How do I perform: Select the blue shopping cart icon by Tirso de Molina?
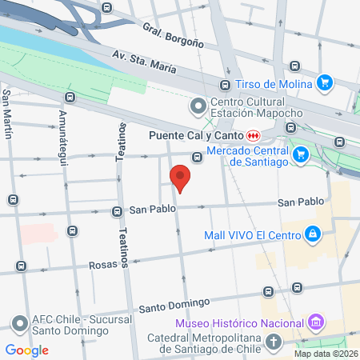[x=324, y=82]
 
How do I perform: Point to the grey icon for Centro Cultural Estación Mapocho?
[x=197, y=106]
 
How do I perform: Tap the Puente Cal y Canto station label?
[x=196, y=135]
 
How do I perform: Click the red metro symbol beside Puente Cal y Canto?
[x=253, y=135]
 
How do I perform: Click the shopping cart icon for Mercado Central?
[x=301, y=154]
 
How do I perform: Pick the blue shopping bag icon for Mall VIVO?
[x=314, y=234]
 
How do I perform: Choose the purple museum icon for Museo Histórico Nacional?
[x=317, y=322]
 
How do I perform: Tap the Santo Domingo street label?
[x=174, y=304]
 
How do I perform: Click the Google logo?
[x=26, y=350]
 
